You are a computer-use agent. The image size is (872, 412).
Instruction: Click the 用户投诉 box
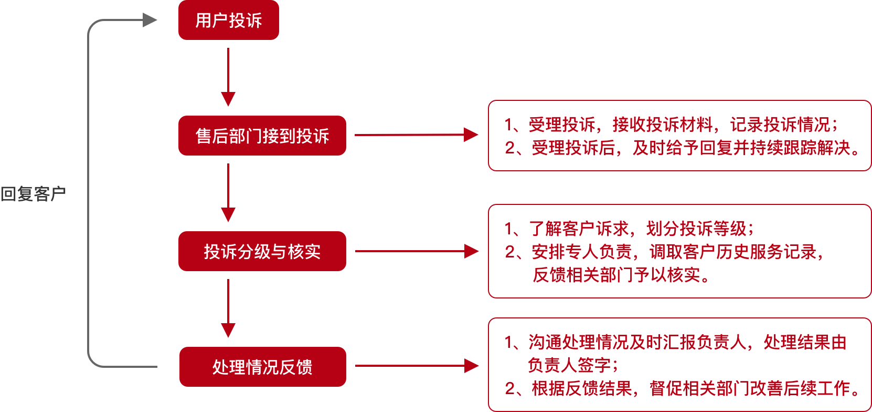pos(229,20)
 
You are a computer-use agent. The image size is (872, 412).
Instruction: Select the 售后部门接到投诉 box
pos(262,135)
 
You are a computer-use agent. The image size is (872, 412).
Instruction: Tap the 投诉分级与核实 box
pos(262,251)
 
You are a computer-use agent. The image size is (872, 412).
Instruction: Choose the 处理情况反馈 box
pos(263,367)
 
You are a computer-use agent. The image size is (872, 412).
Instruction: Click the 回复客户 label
pos(33,194)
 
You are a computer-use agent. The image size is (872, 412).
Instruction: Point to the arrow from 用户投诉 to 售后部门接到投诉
pos(228,77)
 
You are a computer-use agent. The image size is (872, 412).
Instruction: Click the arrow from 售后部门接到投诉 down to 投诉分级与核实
pos(228,192)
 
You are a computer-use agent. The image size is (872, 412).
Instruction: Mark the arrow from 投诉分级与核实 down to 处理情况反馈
pos(228,308)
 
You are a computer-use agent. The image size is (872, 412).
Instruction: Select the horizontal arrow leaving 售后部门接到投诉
pos(417,135)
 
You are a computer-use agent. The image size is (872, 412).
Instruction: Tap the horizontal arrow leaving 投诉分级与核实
pos(417,251)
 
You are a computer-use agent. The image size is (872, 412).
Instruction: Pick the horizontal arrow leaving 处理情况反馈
pos(417,366)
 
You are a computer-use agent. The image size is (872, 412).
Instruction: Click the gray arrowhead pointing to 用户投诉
pos(150,20)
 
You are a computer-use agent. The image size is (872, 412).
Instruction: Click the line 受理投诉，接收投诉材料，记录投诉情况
pos(671,125)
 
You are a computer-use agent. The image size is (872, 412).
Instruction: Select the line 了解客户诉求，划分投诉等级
pos(629,229)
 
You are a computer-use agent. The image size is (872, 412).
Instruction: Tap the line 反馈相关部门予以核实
pos(621,275)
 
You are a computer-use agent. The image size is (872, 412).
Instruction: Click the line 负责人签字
pos(572,365)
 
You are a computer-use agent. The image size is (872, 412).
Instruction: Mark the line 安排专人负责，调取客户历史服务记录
pos(664,252)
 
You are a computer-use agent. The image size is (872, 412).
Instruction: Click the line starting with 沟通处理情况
pos(675,342)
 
